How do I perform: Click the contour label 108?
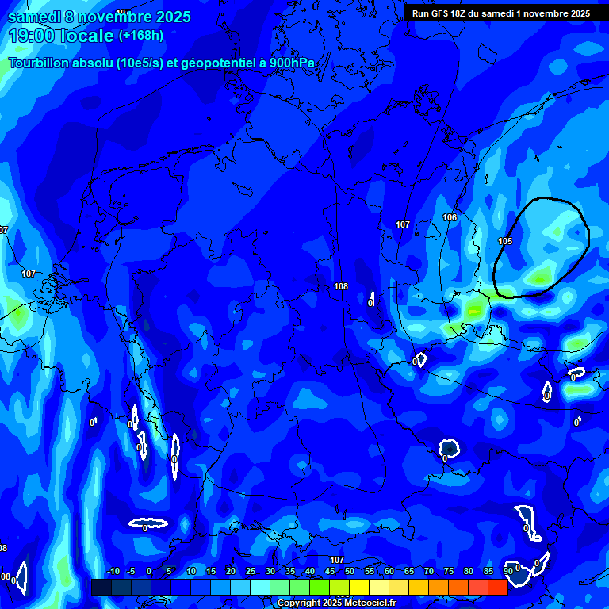[341, 286]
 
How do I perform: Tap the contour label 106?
[450, 217]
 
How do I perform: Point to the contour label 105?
[505, 241]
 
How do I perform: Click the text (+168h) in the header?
[140, 35]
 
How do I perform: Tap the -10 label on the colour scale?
[113, 572]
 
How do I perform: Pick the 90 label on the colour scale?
[507, 572]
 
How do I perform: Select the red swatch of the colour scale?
[497, 587]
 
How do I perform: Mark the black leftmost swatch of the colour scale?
[101, 587]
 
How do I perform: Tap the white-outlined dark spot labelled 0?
[449, 449]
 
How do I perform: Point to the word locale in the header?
[85, 36]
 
